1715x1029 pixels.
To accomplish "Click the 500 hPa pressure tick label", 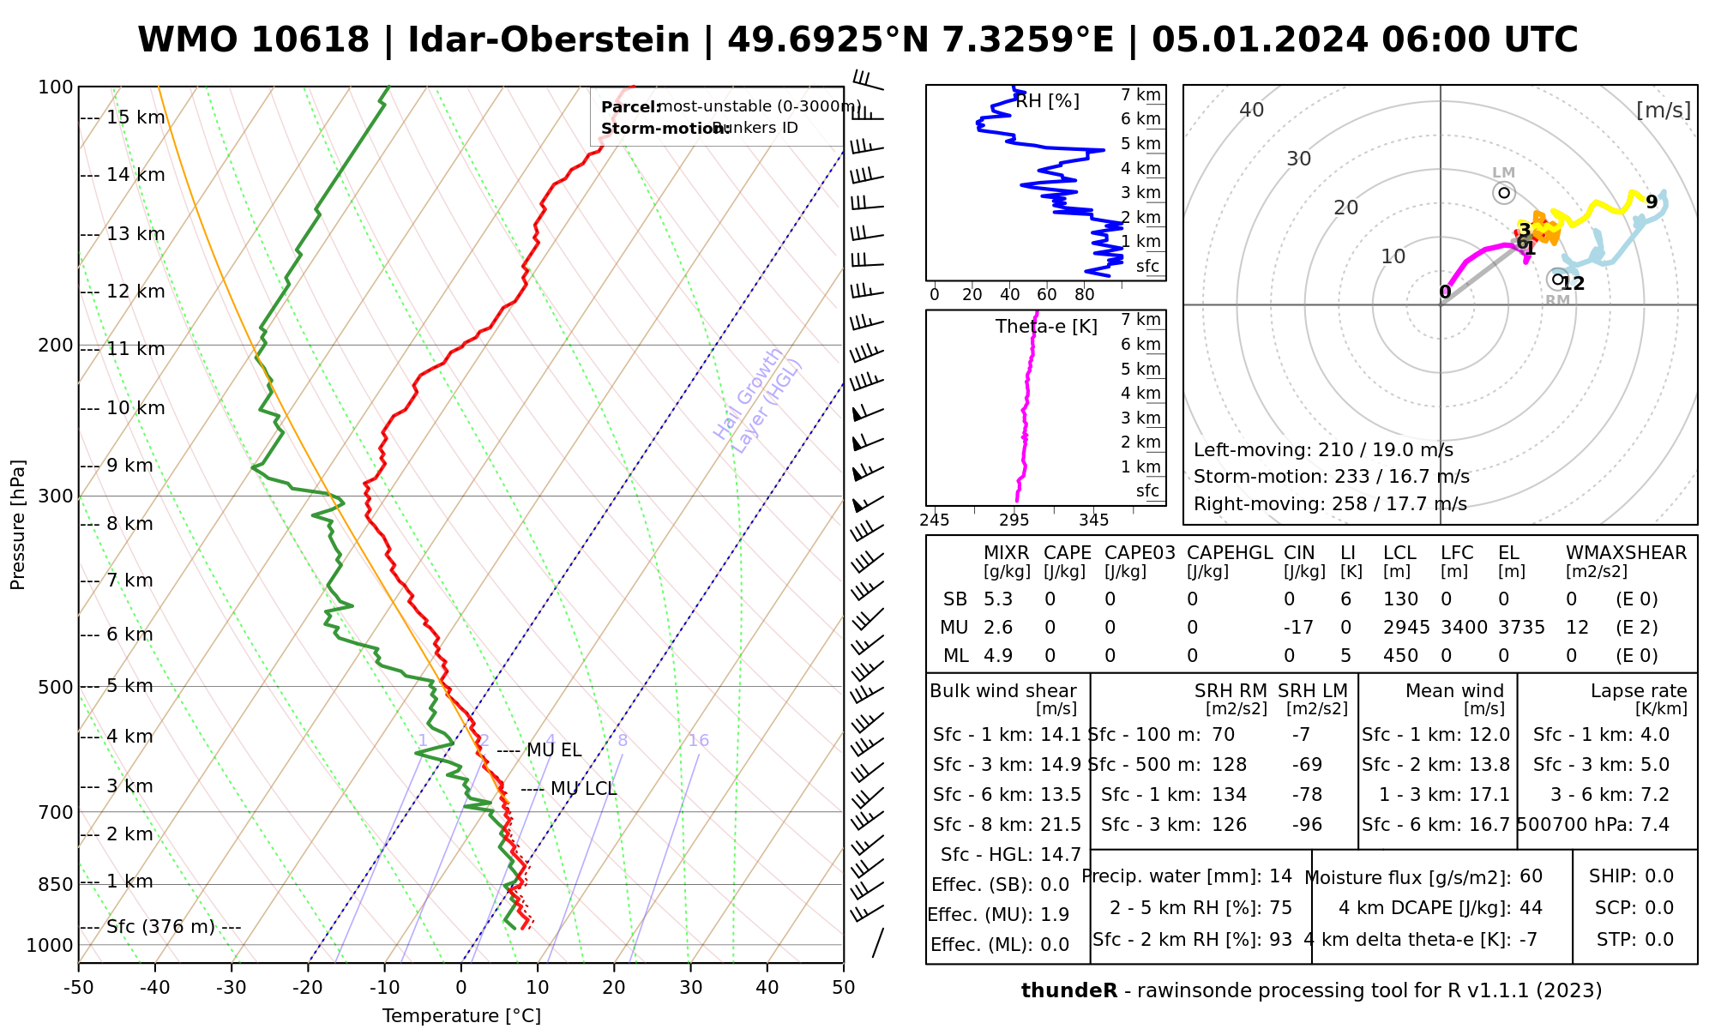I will point(56,687).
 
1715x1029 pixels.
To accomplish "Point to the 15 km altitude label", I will point(135,117).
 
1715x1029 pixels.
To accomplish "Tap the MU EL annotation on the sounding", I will point(554,750).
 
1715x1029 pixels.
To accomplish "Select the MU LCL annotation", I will point(583,789).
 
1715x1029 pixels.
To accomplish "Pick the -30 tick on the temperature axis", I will point(232,988).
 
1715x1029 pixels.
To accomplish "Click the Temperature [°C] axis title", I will point(461,1016).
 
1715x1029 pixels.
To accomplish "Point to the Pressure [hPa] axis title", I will point(18,525).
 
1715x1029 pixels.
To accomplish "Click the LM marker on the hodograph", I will point(1504,193).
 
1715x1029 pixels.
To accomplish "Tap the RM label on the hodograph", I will point(1557,300).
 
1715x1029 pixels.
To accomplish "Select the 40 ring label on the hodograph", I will point(1252,110).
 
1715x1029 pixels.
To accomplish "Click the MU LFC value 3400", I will point(1464,628).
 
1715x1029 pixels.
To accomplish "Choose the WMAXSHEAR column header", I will point(1626,553).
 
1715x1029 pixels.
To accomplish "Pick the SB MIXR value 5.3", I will point(998,599).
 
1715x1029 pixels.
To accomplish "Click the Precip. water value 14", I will point(1280,876).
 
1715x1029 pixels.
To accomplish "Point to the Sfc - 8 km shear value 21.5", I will point(1060,825).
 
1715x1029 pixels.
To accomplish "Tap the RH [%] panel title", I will point(1047,101).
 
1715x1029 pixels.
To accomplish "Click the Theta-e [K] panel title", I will point(1046,327).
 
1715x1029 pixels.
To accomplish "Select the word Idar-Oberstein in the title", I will point(549,40).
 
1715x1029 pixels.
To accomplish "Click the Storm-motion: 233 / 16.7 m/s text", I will point(1331,477).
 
